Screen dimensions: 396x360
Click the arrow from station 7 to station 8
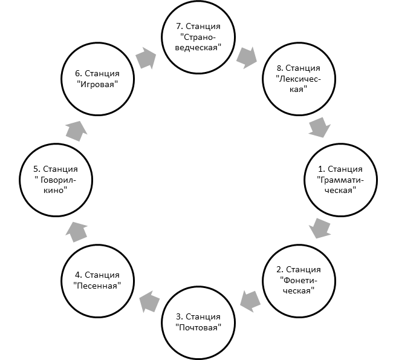pos(247,57)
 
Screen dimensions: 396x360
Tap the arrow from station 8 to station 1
pos(319,127)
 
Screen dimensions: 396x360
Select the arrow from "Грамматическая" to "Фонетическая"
pos(320,228)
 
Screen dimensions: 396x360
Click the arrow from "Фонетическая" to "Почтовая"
pos(250,301)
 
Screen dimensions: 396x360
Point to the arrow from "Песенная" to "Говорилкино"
pos(77,232)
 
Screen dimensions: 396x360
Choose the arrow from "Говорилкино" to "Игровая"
pos(77,131)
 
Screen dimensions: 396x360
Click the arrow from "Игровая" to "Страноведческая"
pos(146,58)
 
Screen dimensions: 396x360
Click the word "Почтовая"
pos(198,328)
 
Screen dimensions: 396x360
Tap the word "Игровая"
pos(97,84)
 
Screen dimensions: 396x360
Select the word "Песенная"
pos(97,286)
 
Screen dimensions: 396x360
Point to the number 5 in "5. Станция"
pos(36,169)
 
